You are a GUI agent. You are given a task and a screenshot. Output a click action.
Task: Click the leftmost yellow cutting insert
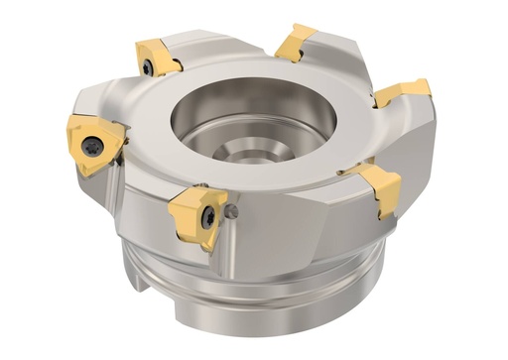93,142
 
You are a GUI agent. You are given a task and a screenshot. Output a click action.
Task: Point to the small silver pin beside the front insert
233,210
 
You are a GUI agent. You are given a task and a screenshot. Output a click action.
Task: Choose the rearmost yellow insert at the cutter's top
295,43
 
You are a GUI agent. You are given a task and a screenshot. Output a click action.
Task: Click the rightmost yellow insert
402,92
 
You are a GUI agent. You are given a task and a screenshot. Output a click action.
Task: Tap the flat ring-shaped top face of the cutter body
198,89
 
